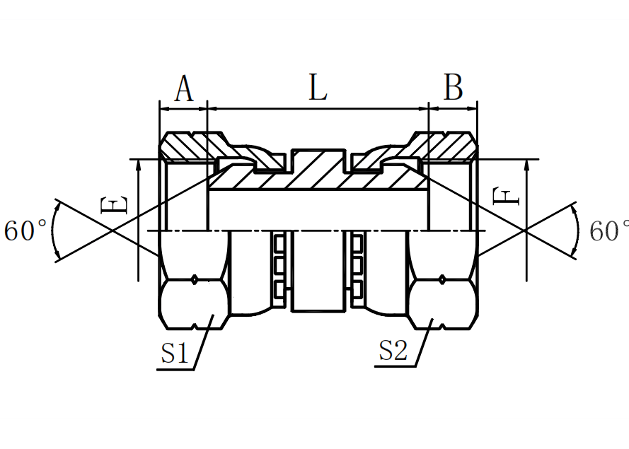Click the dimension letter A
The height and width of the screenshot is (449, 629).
183,89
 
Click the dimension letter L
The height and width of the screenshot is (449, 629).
318,88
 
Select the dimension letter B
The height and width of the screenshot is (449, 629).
453,88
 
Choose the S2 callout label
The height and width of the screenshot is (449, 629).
393,351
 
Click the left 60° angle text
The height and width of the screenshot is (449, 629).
26,231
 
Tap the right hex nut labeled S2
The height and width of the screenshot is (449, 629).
443,304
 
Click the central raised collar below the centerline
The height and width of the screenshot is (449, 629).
318,272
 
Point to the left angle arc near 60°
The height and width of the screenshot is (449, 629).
55,231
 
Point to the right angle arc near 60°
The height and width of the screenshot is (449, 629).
579,231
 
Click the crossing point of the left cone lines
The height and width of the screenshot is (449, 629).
112,231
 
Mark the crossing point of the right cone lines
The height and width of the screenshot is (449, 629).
524,231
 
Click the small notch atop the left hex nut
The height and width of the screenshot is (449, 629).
195,280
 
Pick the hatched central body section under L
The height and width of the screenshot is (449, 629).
318,173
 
